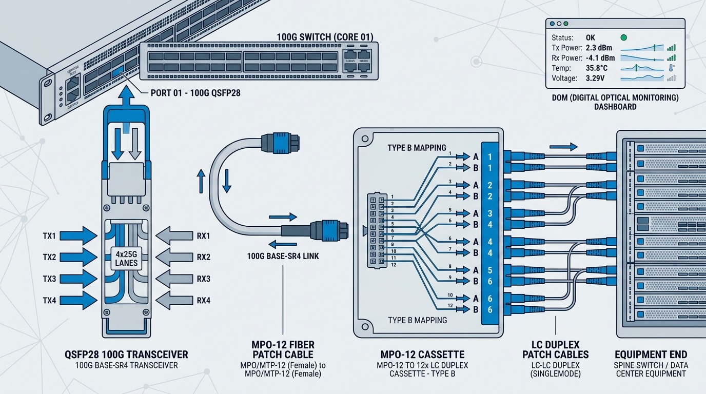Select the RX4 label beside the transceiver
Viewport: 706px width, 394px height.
click(x=204, y=301)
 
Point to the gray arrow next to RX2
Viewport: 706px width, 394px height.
click(x=174, y=257)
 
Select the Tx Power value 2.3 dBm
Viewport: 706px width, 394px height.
click(x=599, y=48)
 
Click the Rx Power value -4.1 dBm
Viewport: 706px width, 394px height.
click(x=600, y=58)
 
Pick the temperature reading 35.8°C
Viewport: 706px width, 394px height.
click(x=597, y=68)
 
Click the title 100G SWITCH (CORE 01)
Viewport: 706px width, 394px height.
click(x=325, y=37)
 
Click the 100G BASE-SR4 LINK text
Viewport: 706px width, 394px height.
click(x=283, y=256)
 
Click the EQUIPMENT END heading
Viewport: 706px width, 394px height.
click(x=650, y=354)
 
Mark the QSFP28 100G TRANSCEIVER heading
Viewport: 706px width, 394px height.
click(x=127, y=354)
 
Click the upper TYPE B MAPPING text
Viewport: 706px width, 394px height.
click(x=417, y=148)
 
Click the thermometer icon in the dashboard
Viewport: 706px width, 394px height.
click(x=671, y=68)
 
